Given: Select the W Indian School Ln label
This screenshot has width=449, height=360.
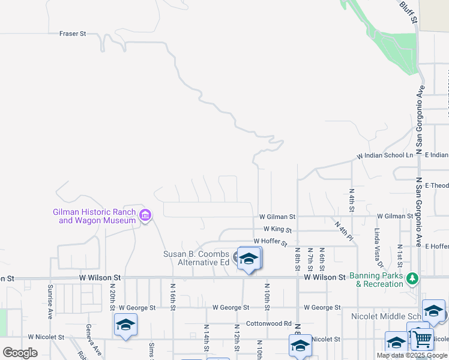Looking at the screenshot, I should (385, 155).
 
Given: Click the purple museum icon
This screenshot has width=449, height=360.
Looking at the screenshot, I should (145, 215).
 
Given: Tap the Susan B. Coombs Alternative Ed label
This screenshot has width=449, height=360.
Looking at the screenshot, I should (196, 258).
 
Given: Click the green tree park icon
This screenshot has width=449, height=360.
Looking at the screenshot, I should (412, 278).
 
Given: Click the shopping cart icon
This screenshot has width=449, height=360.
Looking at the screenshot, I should (422, 339).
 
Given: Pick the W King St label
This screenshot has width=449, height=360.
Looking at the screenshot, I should (277, 229).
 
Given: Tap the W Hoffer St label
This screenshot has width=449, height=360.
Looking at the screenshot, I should (270, 241).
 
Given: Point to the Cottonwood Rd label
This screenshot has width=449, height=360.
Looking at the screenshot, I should (268, 323).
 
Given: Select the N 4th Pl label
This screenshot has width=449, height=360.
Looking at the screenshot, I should (343, 230).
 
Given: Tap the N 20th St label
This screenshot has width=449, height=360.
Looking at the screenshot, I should (112, 293).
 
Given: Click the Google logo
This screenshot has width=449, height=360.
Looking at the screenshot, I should (20, 353).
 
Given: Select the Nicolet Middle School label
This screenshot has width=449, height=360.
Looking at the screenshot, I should (384, 316).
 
